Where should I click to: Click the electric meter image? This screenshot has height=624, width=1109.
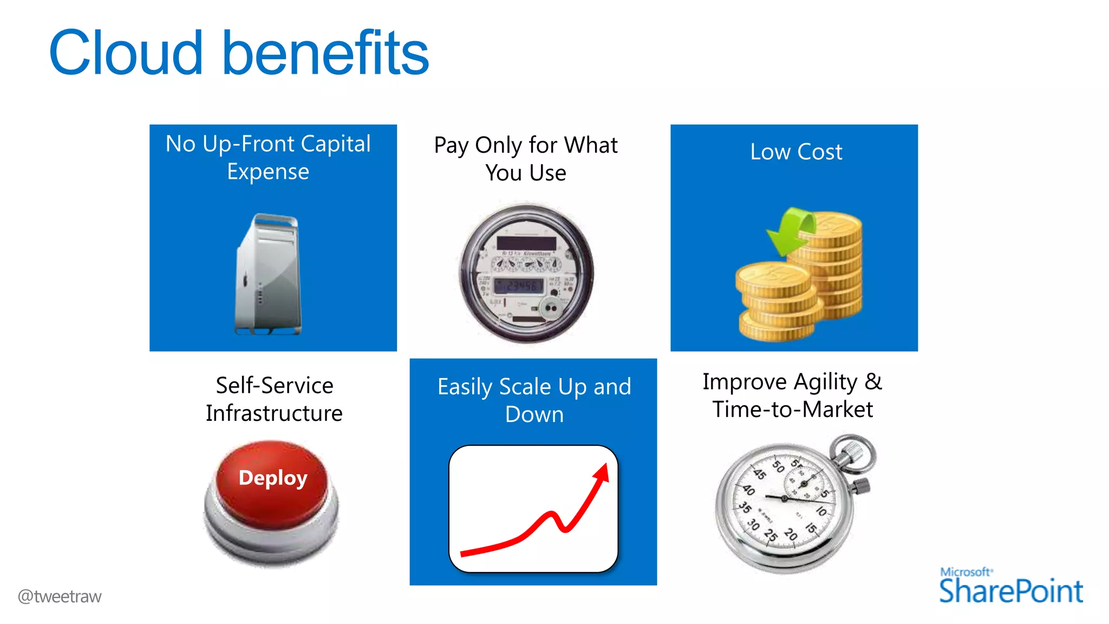526,273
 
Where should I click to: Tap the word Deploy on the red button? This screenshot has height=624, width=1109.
273,478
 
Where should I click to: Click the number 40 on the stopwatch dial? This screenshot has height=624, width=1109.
748,490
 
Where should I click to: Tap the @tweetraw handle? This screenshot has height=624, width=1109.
60,596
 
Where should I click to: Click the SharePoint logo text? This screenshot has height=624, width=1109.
1010,591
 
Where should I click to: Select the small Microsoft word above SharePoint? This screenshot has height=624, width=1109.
965,572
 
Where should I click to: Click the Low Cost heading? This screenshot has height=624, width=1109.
796,152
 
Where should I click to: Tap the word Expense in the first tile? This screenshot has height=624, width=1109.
268,172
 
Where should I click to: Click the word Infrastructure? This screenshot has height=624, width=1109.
274,413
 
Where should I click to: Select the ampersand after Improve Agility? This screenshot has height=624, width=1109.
873,381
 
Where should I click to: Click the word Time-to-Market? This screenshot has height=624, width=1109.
793,409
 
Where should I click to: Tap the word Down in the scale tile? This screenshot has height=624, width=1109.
534,414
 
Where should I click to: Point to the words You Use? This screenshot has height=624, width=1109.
526,173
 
